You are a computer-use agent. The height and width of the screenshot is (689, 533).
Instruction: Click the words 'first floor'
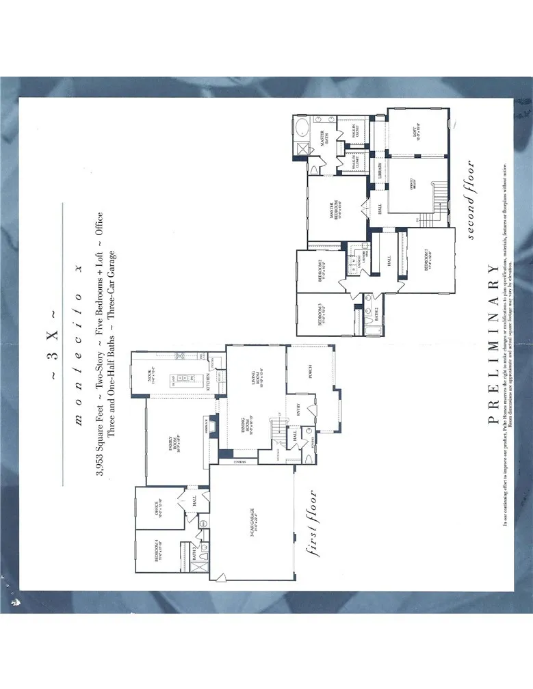coord(313,524)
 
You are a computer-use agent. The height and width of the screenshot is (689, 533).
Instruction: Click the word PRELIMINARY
coord(494,344)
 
